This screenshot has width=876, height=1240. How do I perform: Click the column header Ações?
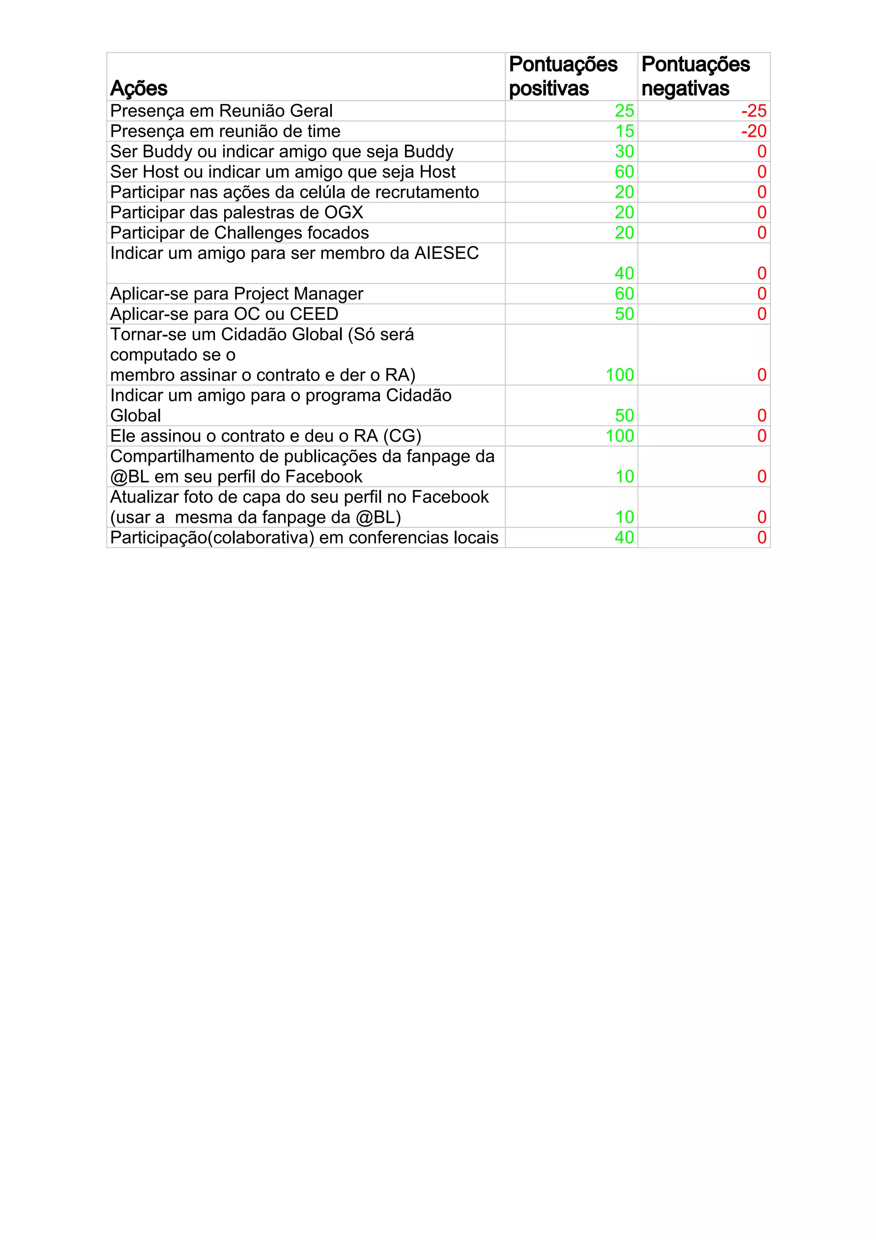pyautogui.click(x=139, y=88)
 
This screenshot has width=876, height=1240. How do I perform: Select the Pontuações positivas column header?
pyautogui.click(x=562, y=76)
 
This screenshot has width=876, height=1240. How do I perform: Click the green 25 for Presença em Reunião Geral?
pyautogui.click(x=624, y=111)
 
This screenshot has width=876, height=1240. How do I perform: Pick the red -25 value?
pyautogui.click(x=754, y=111)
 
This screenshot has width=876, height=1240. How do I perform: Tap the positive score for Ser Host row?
pyautogui.click(x=624, y=172)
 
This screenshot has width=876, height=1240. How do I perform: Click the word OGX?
pyautogui.click(x=343, y=212)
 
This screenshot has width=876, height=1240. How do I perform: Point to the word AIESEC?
pyautogui.click(x=447, y=253)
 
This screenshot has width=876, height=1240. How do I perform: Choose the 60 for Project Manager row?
pyautogui.click(x=624, y=294)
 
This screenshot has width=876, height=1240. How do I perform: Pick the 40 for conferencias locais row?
pyautogui.click(x=624, y=537)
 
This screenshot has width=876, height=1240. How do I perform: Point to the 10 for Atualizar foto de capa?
pyautogui.click(x=624, y=517)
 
